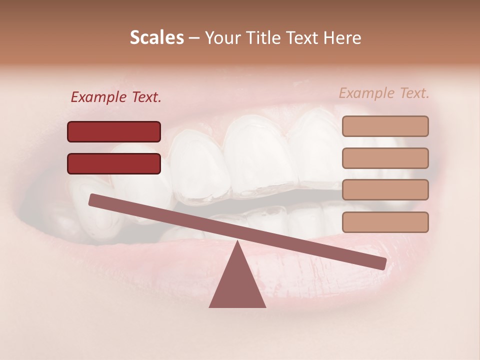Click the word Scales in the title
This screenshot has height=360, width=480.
[x=156, y=38]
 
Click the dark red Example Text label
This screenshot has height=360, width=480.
[x=116, y=97]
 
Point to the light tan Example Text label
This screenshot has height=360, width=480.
[x=384, y=93]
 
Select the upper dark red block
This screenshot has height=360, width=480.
[x=114, y=131]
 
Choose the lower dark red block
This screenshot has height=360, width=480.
[x=114, y=163]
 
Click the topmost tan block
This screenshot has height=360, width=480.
[x=385, y=126]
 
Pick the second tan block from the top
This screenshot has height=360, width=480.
[x=385, y=158]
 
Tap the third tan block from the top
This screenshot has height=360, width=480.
[x=385, y=189]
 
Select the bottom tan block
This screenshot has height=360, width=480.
[x=385, y=222]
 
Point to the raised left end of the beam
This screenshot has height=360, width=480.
[x=93, y=199]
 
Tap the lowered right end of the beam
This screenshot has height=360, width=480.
[x=381, y=263]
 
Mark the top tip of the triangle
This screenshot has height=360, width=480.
[x=237, y=241]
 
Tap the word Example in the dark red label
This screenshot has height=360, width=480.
[x=99, y=97]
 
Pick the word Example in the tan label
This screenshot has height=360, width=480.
[x=366, y=93]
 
